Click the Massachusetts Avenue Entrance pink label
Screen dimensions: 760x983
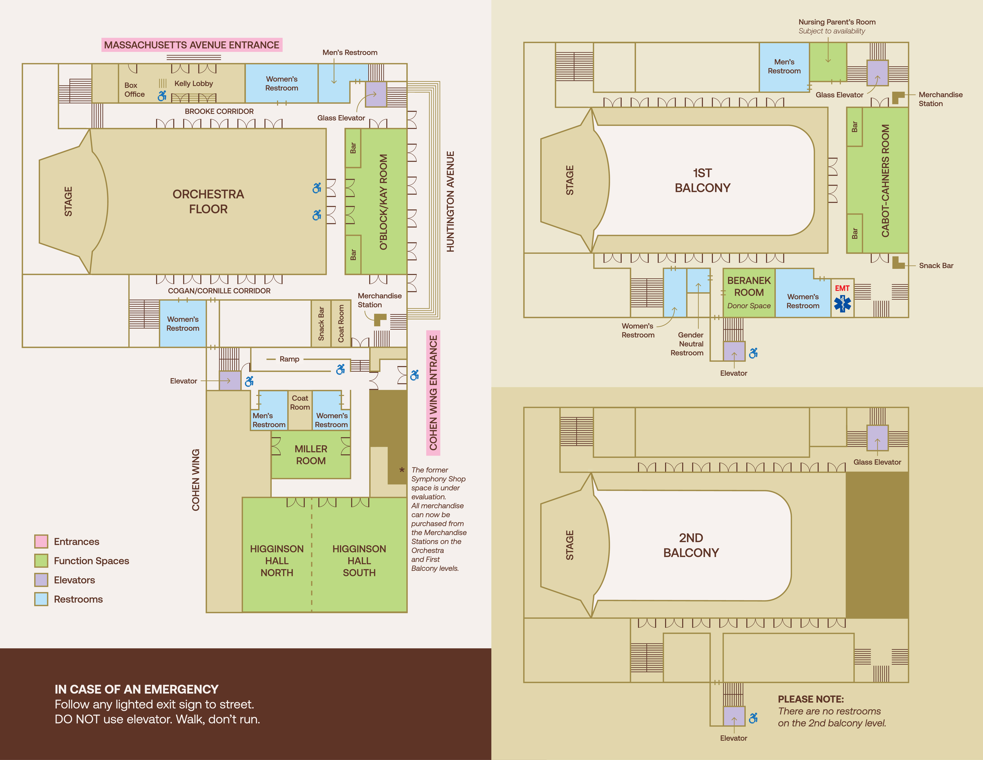(192, 45)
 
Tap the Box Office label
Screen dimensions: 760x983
(134, 90)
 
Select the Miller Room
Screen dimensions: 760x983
(311, 455)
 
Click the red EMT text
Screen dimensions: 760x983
(842, 288)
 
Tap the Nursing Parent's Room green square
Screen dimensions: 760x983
(828, 62)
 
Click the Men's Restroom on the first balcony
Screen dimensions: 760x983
(784, 67)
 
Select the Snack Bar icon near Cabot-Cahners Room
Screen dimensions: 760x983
(898, 263)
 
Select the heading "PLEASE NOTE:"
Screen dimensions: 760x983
(811, 699)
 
